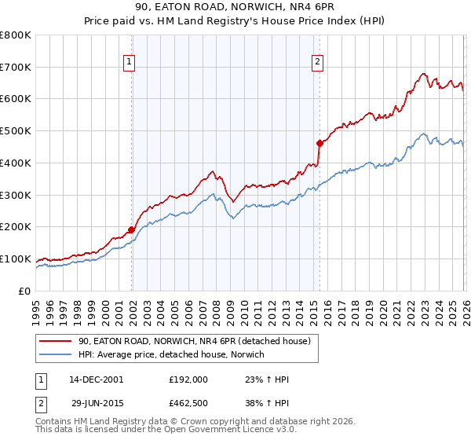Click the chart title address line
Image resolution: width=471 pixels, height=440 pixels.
click(235, 9)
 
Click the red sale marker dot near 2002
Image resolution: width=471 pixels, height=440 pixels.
click(131, 229)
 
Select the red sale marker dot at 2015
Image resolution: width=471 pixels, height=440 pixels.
click(319, 143)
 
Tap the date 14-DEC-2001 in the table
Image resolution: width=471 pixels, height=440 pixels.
click(96, 379)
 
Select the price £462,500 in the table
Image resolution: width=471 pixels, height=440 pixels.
click(188, 404)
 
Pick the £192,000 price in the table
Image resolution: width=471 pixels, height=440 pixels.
click(188, 379)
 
